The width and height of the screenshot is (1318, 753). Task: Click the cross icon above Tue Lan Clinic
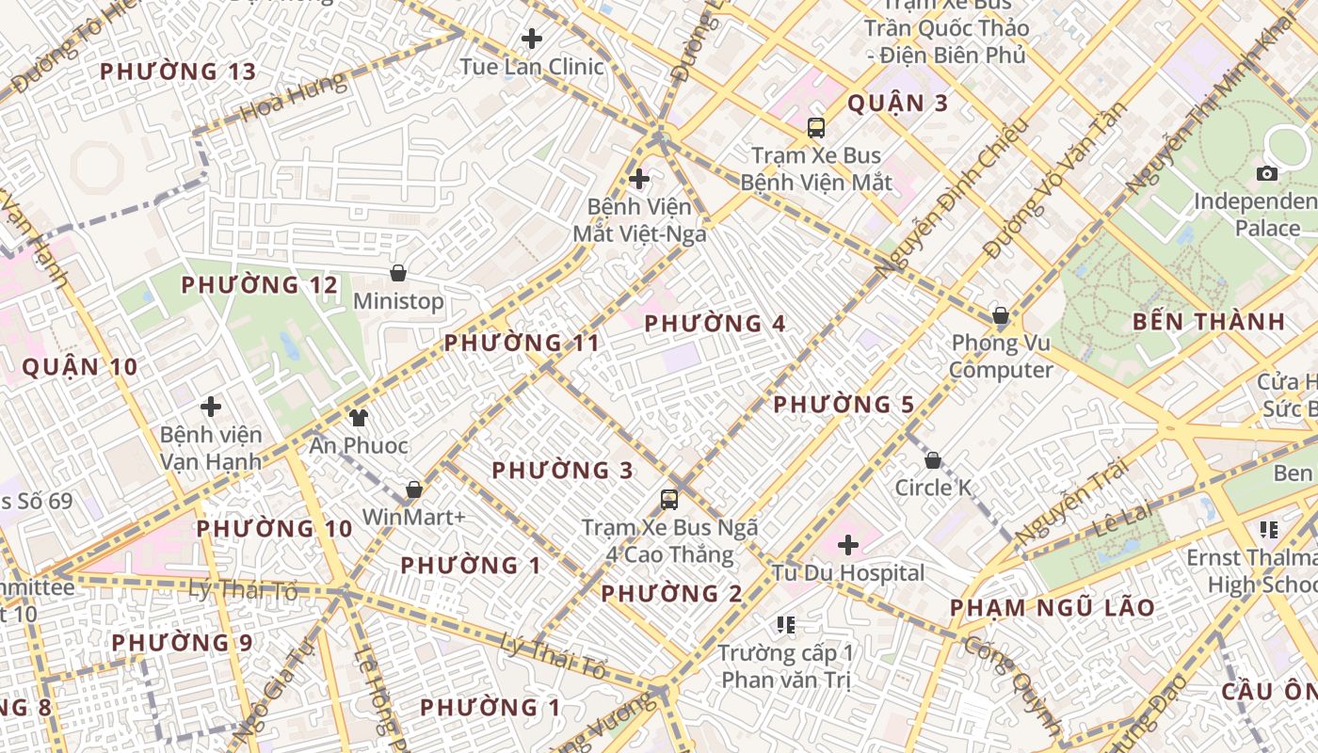pyautogui.click(x=532, y=39)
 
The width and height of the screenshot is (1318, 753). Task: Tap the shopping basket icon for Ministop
pyautogui.click(x=398, y=273)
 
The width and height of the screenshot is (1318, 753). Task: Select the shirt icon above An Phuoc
pyautogui.click(x=358, y=417)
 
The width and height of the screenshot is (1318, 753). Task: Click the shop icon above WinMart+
pyautogui.click(x=413, y=489)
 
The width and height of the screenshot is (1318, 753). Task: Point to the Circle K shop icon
pyautogui.click(x=932, y=460)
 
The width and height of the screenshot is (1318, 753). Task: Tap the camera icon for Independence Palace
pyautogui.click(x=1267, y=173)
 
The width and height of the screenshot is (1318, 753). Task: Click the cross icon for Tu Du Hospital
pyautogui.click(x=848, y=544)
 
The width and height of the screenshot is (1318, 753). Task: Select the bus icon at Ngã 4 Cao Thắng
pyautogui.click(x=669, y=500)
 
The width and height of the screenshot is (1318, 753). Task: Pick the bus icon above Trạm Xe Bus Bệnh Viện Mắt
pyautogui.click(x=816, y=128)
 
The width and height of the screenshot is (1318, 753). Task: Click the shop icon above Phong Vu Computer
pyautogui.click(x=1000, y=315)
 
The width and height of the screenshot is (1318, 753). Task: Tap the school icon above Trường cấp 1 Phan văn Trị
pyautogui.click(x=786, y=624)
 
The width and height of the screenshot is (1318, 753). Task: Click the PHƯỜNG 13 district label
pyautogui.click(x=178, y=72)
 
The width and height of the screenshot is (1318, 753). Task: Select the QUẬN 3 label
pyautogui.click(x=897, y=104)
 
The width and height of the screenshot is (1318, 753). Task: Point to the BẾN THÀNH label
pyautogui.click(x=1209, y=322)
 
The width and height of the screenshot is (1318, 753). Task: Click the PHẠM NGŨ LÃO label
pyautogui.click(x=1052, y=608)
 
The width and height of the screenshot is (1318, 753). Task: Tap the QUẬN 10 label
pyautogui.click(x=80, y=367)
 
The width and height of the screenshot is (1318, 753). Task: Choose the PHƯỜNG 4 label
pyautogui.click(x=715, y=324)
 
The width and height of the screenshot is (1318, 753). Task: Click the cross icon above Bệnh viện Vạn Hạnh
pyautogui.click(x=211, y=407)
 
